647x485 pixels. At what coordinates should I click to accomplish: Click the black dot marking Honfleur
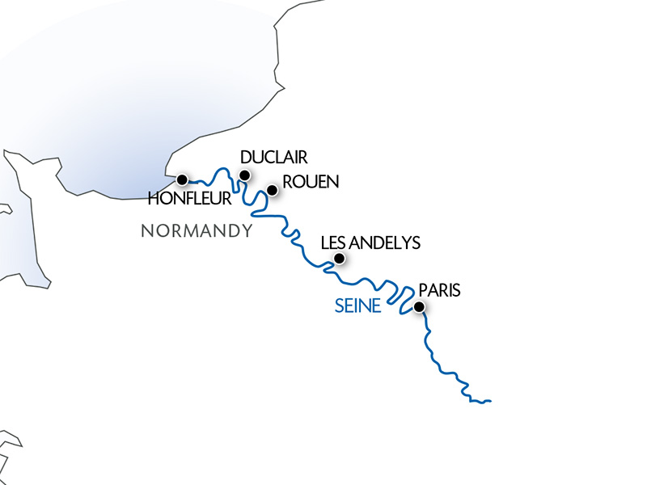182,179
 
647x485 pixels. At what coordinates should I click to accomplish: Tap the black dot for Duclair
244,175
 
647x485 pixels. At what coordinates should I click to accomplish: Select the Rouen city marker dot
273,191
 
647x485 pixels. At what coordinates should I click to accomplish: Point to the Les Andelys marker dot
340,259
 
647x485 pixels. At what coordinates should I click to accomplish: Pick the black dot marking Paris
419,307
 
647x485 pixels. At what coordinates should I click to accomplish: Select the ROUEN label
311,182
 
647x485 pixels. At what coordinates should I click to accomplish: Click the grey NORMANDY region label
197,231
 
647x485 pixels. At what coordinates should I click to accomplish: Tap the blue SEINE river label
357,306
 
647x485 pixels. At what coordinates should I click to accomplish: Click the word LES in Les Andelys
332,242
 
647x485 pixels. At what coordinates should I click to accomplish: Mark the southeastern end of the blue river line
490,401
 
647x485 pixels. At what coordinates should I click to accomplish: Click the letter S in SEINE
339,306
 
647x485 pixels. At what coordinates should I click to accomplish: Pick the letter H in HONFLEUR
154,198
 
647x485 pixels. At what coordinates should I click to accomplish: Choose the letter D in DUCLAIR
247,157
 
